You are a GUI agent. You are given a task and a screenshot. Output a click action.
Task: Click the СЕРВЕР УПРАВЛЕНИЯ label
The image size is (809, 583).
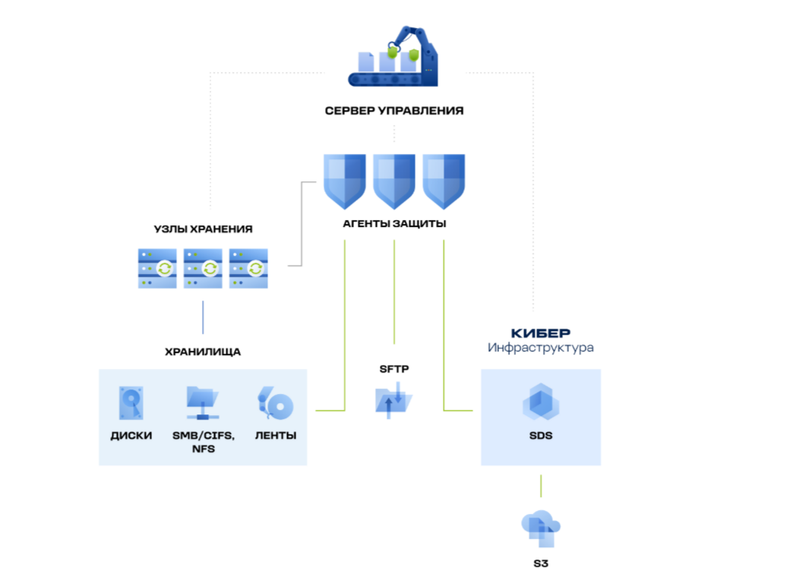(x=393, y=111)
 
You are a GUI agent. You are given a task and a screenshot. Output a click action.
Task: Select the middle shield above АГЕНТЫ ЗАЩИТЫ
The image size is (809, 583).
(x=393, y=181)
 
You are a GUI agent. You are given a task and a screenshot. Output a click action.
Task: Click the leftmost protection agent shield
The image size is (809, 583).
(x=345, y=181)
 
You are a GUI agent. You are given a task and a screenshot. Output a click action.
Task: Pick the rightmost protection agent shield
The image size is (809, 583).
(x=444, y=181)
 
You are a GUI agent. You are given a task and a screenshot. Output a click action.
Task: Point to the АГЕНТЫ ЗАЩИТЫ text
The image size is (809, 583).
(x=393, y=225)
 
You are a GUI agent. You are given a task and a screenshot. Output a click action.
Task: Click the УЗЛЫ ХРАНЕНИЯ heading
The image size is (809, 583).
(x=203, y=228)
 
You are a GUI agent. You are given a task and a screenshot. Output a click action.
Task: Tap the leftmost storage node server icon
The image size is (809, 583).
(x=157, y=268)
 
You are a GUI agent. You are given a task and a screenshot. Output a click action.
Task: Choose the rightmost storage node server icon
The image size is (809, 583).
(x=249, y=268)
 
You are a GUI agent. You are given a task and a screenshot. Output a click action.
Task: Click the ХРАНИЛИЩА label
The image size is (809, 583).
(x=203, y=352)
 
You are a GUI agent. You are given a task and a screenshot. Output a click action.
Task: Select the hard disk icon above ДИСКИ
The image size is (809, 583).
(x=130, y=403)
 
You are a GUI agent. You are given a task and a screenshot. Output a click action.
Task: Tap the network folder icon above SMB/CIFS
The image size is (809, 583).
(x=203, y=403)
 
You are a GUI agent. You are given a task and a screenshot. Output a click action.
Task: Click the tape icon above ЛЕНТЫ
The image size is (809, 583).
(x=275, y=403)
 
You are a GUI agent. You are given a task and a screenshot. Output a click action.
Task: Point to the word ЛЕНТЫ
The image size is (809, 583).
(x=275, y=436)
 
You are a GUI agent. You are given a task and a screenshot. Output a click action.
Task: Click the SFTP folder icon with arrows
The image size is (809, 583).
(x=393, y=398)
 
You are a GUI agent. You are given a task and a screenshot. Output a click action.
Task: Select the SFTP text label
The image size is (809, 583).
(x=393, y=369)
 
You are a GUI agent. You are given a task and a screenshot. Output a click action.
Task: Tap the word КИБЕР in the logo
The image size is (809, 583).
(x=540, y=333)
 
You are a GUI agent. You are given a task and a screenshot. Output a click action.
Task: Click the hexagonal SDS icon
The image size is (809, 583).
(x=541, y=403)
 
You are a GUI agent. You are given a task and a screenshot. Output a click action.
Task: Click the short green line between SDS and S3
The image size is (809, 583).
(x=541, y=486)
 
